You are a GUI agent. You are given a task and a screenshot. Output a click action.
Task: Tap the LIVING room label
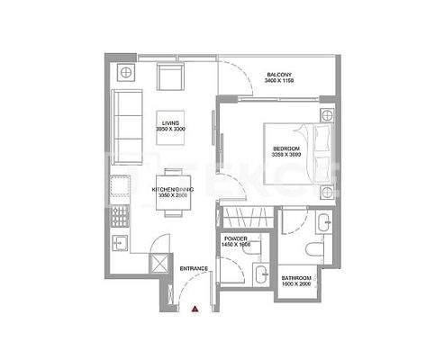pos(170,123)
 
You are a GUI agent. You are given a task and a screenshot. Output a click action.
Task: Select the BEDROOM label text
pos(285,148)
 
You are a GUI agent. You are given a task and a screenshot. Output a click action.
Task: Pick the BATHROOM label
pos(296,278)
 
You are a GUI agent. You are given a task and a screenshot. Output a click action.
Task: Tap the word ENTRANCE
pos(195,268)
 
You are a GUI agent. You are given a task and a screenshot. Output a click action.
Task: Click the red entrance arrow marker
pos(195,309)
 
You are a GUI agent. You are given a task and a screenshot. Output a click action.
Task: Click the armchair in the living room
pos(170,77)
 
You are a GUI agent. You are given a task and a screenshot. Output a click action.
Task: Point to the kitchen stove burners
pos(118,215)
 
